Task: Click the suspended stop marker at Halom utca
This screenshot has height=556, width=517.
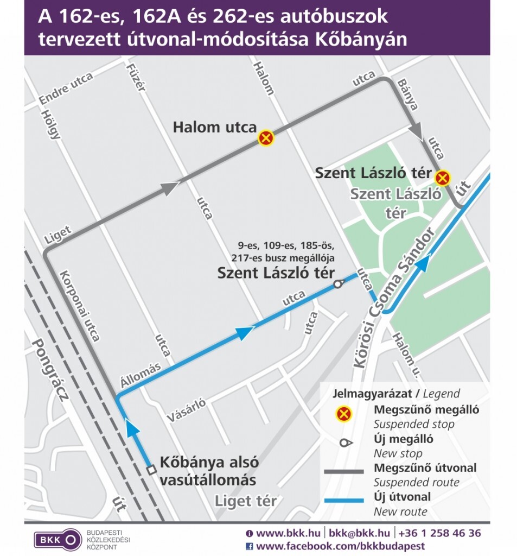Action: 266,138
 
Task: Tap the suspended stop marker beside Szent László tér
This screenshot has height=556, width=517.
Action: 443,177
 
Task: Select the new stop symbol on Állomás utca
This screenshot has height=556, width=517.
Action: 338,283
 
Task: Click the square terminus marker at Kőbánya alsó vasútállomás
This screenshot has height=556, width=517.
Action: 151,470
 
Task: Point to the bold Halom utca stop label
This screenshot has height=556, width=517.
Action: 214,128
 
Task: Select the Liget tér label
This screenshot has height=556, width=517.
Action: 246,501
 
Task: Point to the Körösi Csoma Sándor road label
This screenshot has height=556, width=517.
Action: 394,298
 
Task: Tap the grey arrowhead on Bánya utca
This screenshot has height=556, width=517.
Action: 416,131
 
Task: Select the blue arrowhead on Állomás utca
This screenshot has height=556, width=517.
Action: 245,332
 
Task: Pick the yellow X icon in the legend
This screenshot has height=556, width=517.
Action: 343,415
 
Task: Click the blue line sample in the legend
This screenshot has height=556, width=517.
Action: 343,500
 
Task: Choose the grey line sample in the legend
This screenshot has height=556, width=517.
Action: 343,472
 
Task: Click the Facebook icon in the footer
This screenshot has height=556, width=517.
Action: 250,546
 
